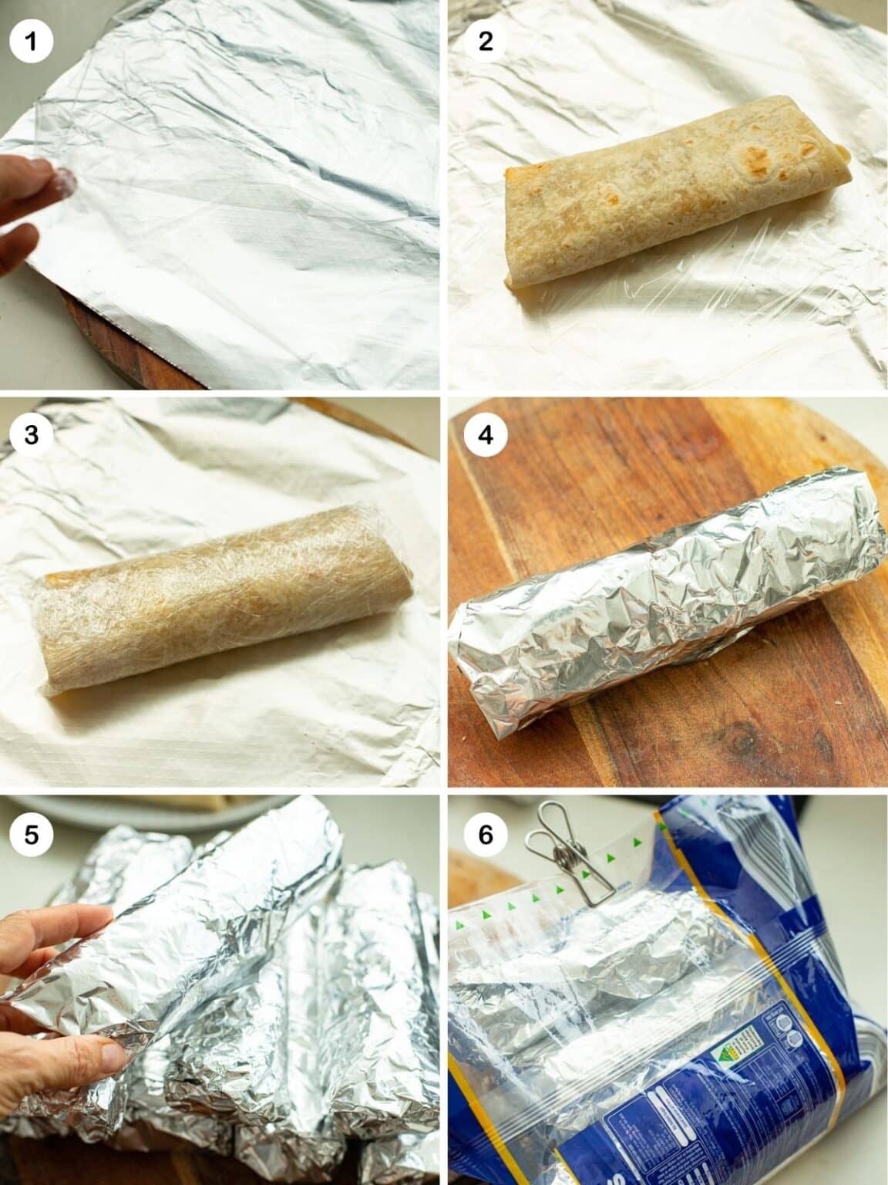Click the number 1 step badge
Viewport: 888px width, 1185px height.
point(31,40)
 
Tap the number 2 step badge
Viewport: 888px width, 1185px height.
point(485,40)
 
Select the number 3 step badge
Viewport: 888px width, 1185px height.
point(31,435)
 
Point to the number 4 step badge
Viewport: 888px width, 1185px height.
point(485,435)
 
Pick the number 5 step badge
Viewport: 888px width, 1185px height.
point(31,835)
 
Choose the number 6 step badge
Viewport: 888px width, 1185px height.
point(485,835)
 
